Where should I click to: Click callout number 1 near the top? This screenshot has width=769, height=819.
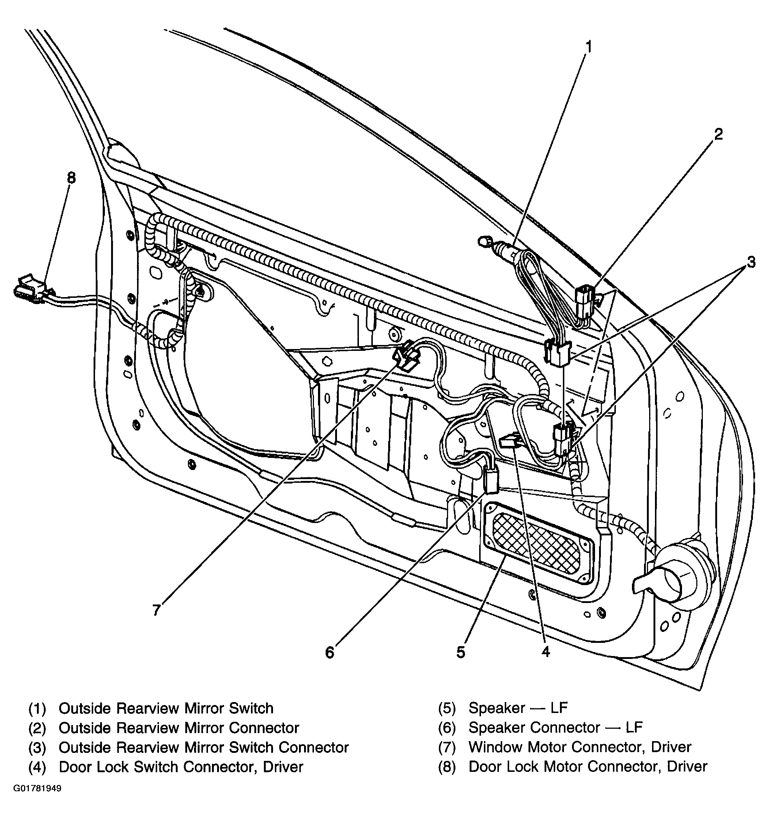pyautogui.click(x=589, y=47)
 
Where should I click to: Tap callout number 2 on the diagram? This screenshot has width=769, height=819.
pyautogui.click(x=718, y=134)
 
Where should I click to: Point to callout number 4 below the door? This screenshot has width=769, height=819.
pyautogui.click(x=546, y=651)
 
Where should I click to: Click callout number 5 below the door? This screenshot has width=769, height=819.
pyautogui.click(x=461, y=652)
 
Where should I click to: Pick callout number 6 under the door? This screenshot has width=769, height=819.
pyautogui.click(x=330, y=652)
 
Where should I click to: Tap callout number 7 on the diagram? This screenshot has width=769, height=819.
pyautogui.click(x=156, y=610)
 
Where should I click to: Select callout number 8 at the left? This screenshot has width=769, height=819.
pyautogui.click(x=71, y=178)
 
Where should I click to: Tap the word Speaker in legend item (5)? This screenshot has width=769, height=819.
pyautogui.click(x=497, y=708)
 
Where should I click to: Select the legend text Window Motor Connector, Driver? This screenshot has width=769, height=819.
pyautogui.click(x=580, y=747)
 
